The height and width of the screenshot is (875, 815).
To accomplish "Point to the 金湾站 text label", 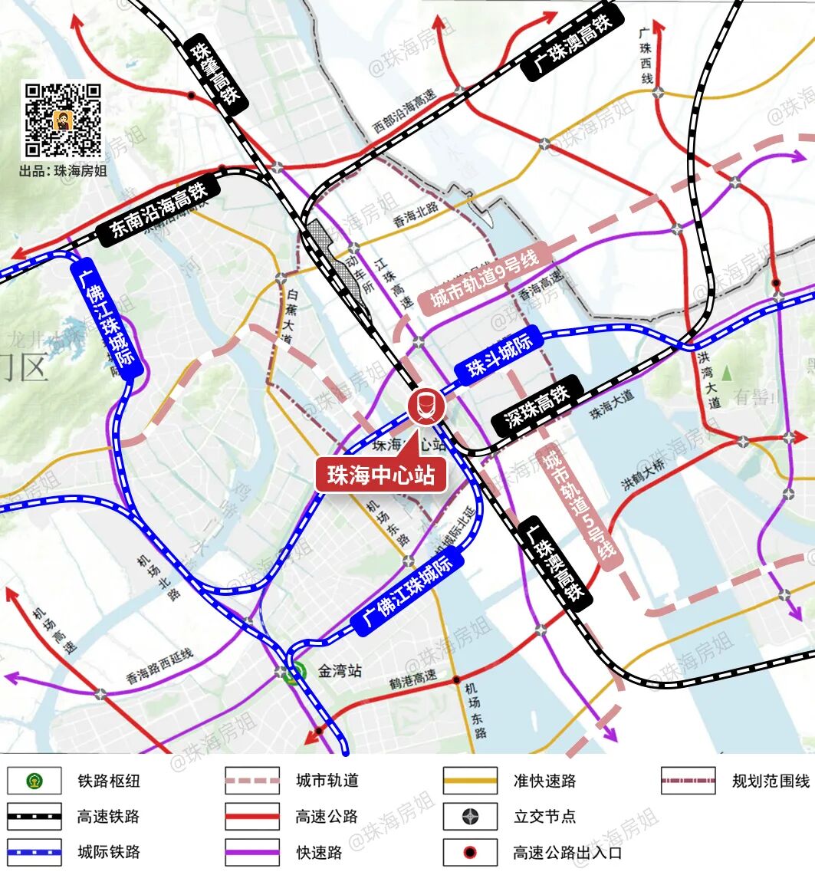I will (x=340, y=671).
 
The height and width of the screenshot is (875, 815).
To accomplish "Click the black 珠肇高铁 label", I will (x=215, y=74).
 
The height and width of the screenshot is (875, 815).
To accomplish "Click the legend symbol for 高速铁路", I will (x=35, y=816).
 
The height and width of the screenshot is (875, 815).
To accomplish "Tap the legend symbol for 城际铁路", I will (x=35, y=851).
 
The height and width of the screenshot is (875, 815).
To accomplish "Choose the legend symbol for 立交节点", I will (x=470, y=816).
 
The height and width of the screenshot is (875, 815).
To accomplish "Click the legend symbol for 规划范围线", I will (x=688, y=781).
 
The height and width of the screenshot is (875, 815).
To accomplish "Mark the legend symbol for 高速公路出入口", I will (x=470, y=851).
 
